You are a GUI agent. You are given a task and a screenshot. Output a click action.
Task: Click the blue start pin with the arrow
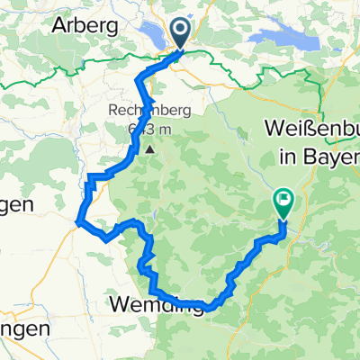181,34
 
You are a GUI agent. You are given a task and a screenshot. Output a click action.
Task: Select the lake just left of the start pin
157,37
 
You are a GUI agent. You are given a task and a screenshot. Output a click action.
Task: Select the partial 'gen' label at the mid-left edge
15,205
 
